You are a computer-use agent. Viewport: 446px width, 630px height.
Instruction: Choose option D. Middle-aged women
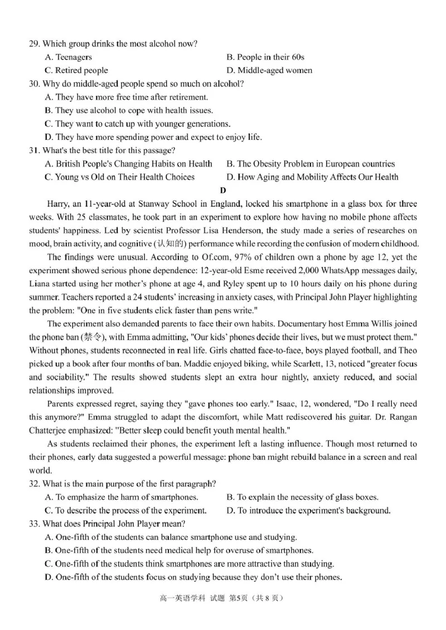point(269,70)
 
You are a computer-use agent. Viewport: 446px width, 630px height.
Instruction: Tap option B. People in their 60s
point(265,57)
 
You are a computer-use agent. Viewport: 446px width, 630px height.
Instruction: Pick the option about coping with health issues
point(128,110)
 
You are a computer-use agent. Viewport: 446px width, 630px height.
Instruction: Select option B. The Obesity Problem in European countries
point(311,164)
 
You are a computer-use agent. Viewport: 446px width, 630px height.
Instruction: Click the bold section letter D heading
point(223,191)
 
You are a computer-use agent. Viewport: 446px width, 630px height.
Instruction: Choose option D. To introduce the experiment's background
point(308,510)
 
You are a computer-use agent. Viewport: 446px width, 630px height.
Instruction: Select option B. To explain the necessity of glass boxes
point(302,497)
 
